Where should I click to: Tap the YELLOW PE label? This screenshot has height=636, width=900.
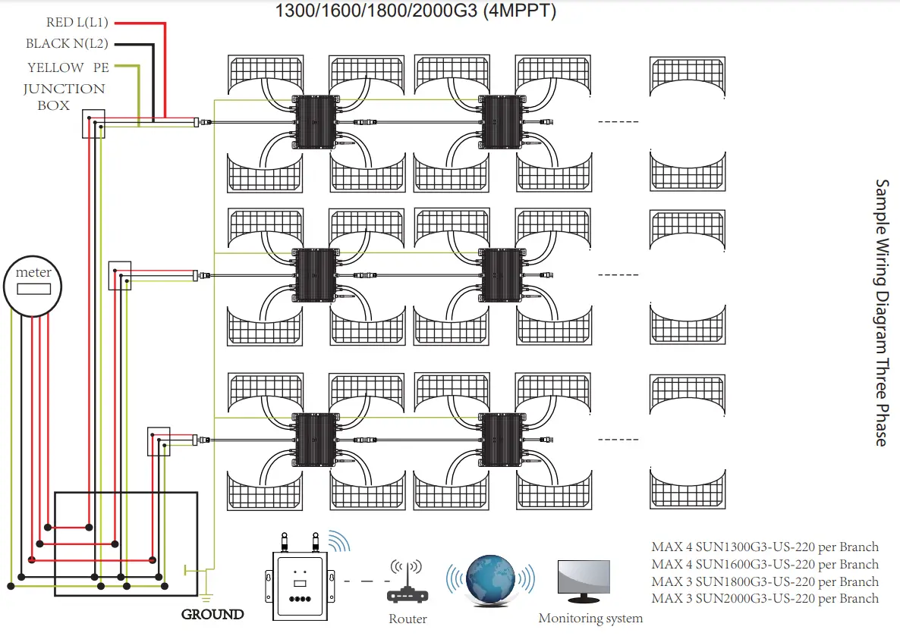tap(68, 67)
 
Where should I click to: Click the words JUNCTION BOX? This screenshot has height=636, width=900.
tap(64, 97)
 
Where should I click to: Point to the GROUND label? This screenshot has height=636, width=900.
tap(212, 615)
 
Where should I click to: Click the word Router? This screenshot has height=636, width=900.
tap(408, 619)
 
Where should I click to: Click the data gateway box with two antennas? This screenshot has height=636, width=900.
tap(301, 581)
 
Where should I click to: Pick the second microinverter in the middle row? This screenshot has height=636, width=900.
tap(502, 274)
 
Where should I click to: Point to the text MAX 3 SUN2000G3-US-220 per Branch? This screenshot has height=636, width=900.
tap(765, 599)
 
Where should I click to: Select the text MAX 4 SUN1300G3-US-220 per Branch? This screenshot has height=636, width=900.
tap(765, 547)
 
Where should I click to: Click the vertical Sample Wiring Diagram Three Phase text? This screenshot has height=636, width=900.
tap(882, 312)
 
